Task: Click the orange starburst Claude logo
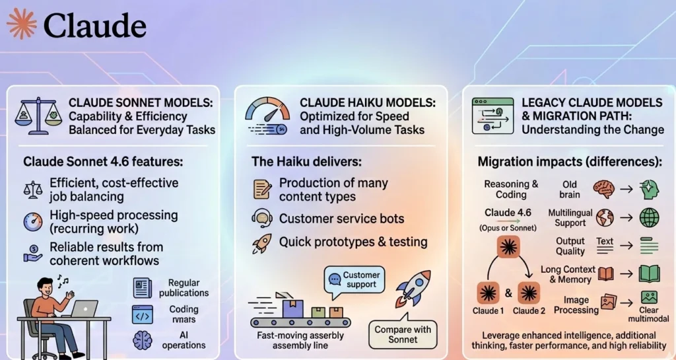tap(22, 24)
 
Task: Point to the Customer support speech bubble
tap(355, 279)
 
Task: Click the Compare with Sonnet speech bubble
tap(403, 334)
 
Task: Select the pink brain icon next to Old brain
tap(603, 188)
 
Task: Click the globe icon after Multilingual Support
tap(603, 217)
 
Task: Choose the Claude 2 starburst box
tap(529, 291)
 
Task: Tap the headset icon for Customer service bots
tap(262, 218)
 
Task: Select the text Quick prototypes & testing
tap(353, 242)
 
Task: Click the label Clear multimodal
tap(650, 314)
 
